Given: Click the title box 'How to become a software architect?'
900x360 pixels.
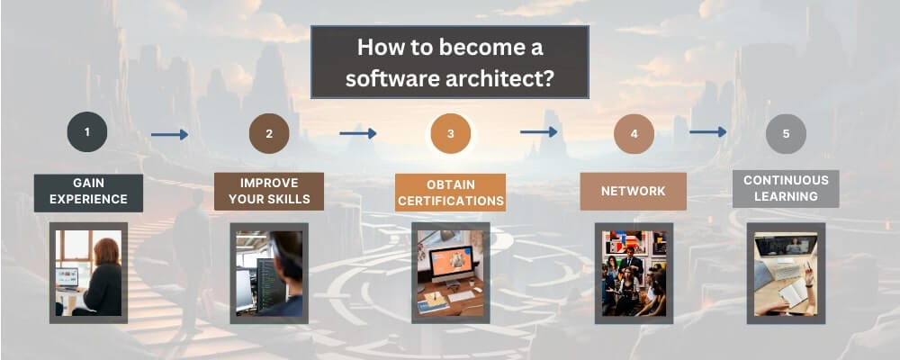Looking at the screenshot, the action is [x=449, y=62].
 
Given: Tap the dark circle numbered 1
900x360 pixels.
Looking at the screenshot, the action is [x=87, y=131].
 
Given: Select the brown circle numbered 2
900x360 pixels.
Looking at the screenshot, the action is [x=269, y=133].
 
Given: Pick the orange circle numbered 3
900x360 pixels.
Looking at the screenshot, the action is [x=451, y=133].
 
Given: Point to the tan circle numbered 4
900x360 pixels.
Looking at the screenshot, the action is [x=634, y=134].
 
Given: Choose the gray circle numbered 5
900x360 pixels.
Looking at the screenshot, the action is [x=786, y=134].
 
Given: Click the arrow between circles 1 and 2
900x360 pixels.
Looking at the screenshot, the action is [x=169, y=134].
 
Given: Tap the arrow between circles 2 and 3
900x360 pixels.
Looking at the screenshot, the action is [x=357, y=133].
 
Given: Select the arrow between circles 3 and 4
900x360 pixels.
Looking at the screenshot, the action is [x=538, y=132].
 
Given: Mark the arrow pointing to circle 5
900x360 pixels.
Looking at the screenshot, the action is [x=707, y=132].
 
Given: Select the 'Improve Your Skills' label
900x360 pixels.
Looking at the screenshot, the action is [x=269, y=191].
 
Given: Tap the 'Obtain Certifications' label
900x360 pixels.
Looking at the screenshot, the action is [x=451, y=193].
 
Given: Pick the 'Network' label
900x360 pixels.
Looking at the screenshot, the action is [x=633, y=191].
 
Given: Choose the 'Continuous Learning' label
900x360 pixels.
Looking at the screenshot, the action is [x=786, y=188].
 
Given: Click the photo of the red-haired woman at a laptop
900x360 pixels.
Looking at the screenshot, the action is [x=88, y=273].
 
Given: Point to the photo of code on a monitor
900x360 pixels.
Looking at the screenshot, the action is [x=269, y=274].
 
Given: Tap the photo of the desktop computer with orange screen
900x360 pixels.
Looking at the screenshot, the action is [x=451, y=273].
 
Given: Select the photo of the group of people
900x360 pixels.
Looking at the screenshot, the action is [x=634, y=274].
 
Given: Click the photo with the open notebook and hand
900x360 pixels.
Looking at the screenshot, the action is [x=786, y=274].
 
